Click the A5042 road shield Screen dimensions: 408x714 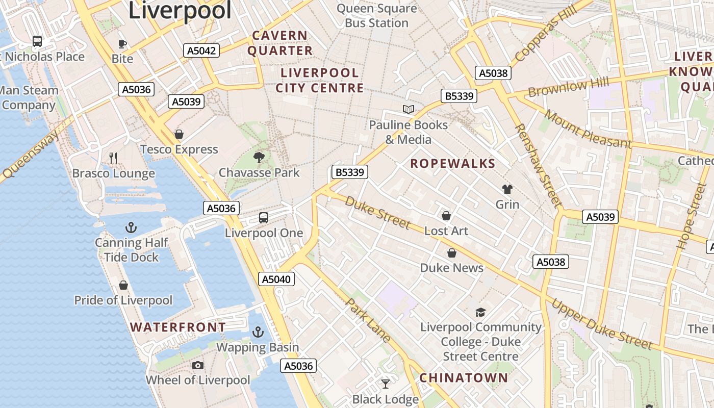pyautogui.click(x=201, y=50)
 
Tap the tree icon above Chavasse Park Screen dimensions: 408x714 pyautogui.click(x=259, y=157)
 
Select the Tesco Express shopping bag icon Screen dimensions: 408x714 pyautogui.click(x=179, y=134)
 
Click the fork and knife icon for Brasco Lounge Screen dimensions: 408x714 pyautogui.click(x=113, y=158)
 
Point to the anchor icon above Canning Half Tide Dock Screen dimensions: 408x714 pyautogui.click(x=131, y=227)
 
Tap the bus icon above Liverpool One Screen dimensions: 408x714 pyautogui.click(x=264, y=218)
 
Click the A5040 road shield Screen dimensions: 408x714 pyautogui.click(x=277, y=279)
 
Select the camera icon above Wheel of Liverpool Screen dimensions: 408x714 pyautogui.click(x=198, y=365)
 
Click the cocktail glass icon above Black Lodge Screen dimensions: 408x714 pyautogui.click(x=386, y=384)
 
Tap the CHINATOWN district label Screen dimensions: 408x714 pyautogui.click(x=464, y=378)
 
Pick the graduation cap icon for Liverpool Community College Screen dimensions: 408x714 pyautogui.click(x=480, y=312)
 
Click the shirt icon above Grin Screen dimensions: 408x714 pyautogui.click(x=507, y=189)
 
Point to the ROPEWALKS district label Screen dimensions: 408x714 pyautogui.click(x=453, y=164)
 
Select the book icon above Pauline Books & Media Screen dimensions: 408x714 pyautogui.click(x=408, y=109)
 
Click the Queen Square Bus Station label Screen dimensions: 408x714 pyautogui.click(x=376, y=16)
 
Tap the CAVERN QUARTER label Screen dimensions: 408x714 pyautogui.click(x=280, y=43)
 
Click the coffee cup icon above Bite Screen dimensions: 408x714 pyautogui.click(x=122, y=43)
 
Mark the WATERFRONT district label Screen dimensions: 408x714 pyautogui.click(x=178, y=327)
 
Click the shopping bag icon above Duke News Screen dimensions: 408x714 pyautogui.click(x=451, y=253)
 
